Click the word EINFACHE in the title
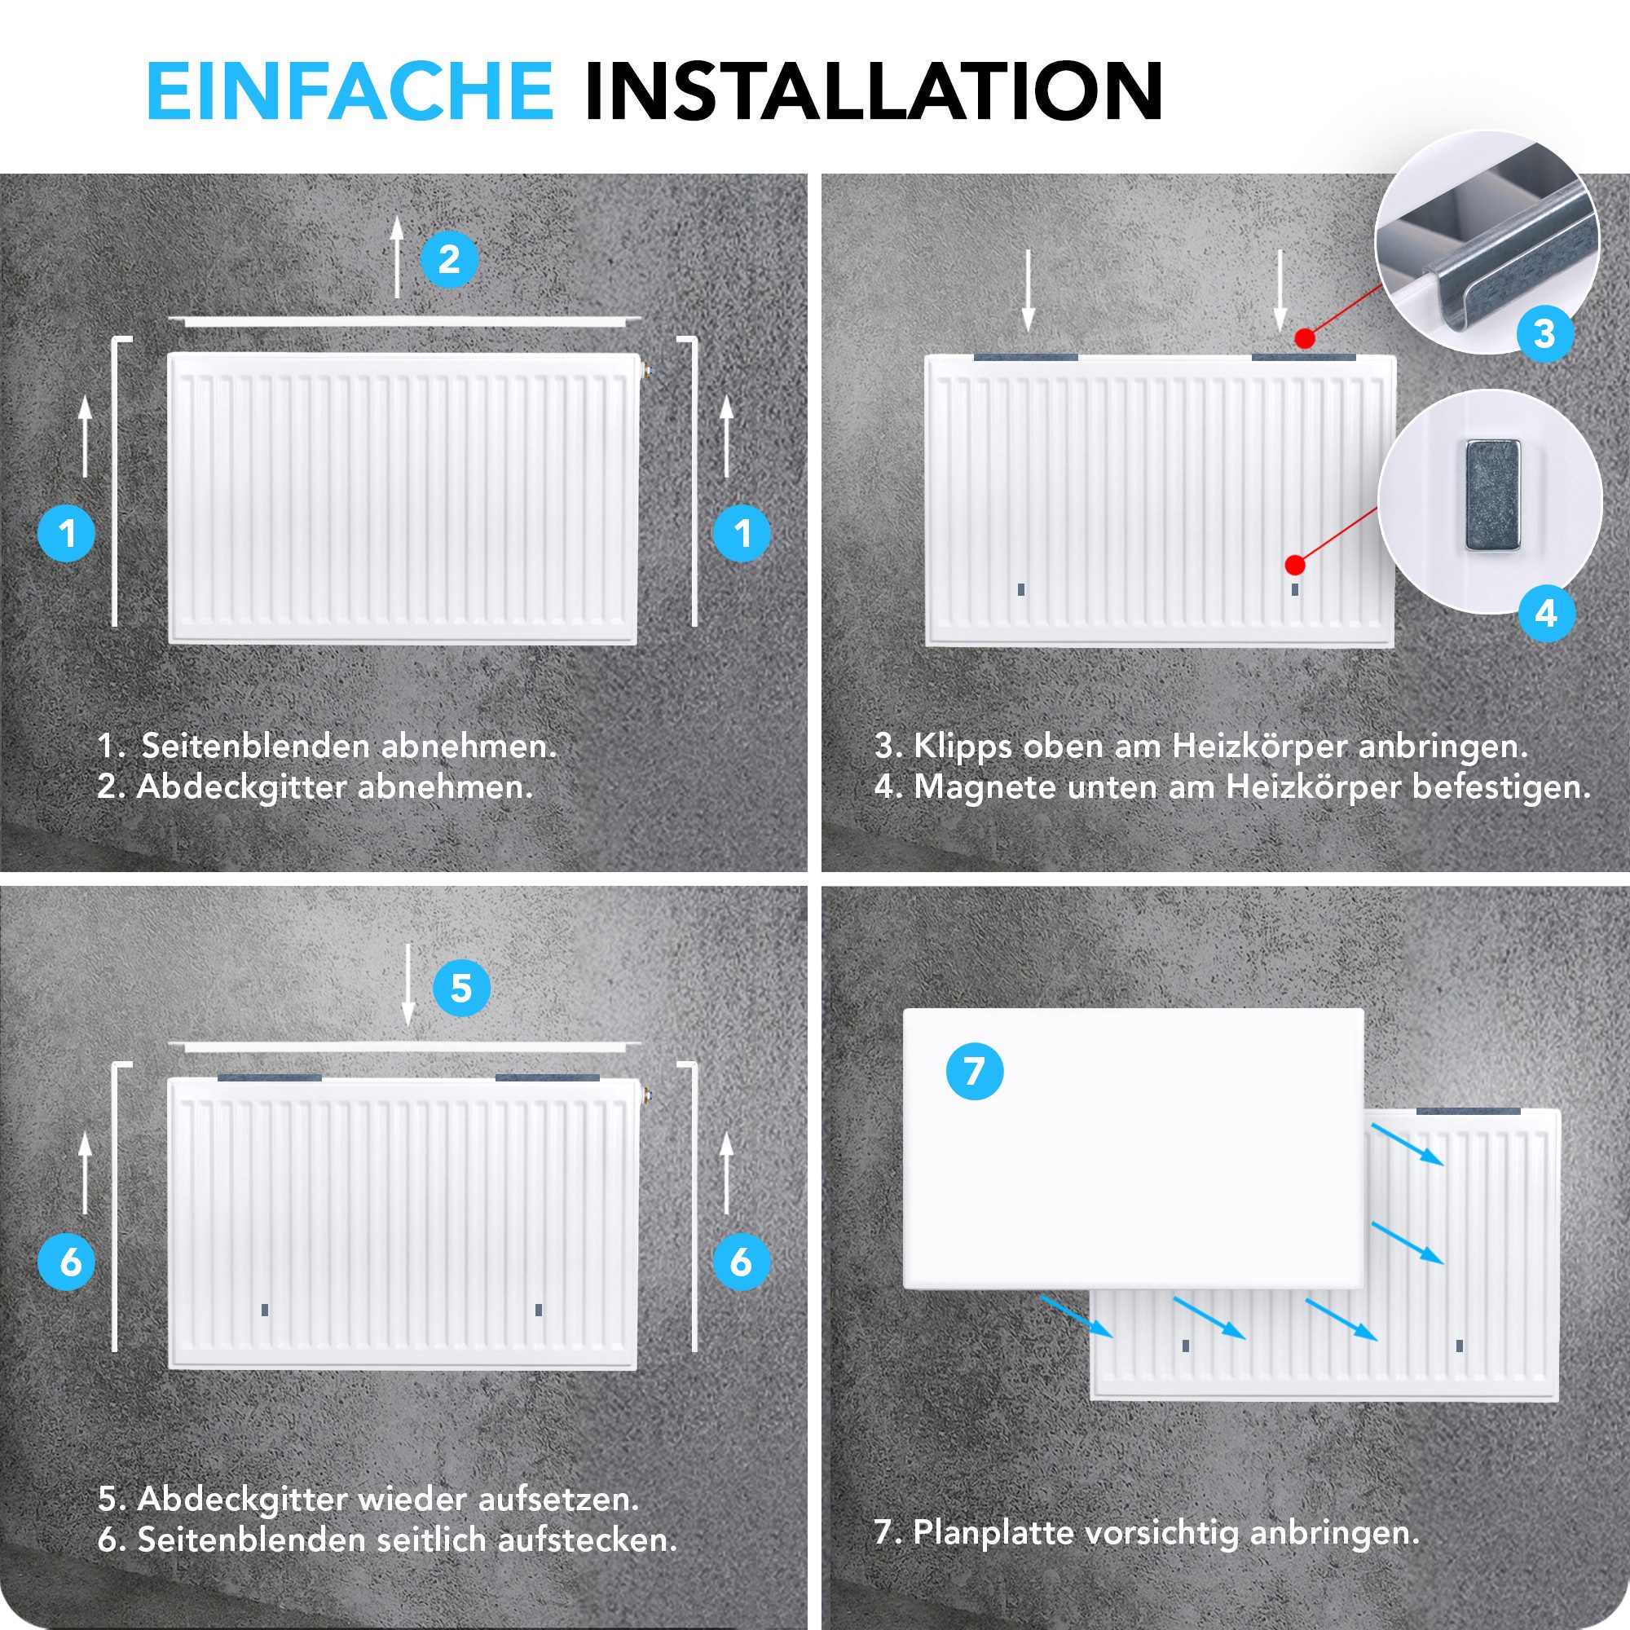coord(350,91)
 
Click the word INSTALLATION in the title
coord(873,91)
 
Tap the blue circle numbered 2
coord(449,259)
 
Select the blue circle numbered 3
coord(1544,333)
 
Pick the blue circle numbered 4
coord(1545,614)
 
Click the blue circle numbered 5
coord(460,987)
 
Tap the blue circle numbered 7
coord(975,1072)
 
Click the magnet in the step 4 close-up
coord(1491,496)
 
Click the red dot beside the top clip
coord(1305,339)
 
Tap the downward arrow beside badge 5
coord(408,984)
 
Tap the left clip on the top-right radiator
coord(1025,358)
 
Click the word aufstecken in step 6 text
coord(586,1540)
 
